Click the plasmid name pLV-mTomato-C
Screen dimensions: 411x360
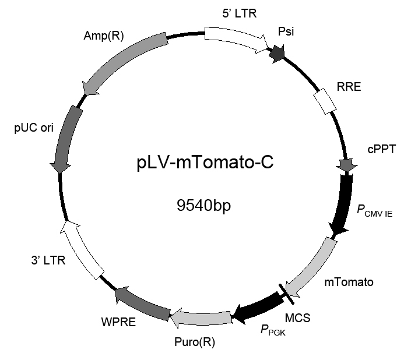click(205, 163)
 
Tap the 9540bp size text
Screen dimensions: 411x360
click(203, 205)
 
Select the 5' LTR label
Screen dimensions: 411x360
click(240, 13)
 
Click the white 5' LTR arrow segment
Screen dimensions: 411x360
click(236, 39)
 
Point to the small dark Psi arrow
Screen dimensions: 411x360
click(277, 54)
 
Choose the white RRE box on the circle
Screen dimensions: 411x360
click(325, 101)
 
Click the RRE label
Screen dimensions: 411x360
click(349, 87)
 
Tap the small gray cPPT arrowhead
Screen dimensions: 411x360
click(347, 165)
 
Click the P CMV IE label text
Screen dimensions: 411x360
click(375, 211)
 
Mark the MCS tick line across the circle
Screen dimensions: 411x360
click(286, 294)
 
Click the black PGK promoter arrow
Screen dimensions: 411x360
click(258, 309)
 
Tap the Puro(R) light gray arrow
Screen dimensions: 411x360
click(201, 318)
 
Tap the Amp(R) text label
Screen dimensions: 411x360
click(104, 36)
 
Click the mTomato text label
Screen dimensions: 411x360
click(349, 283)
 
